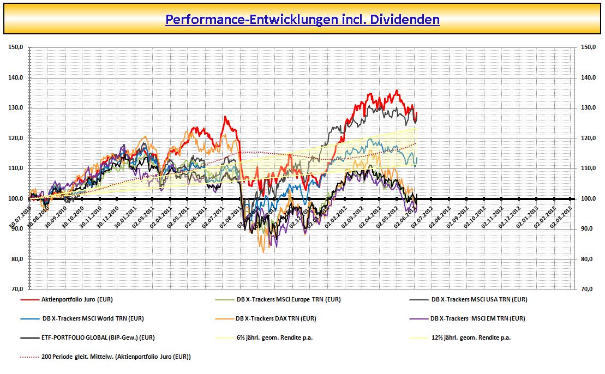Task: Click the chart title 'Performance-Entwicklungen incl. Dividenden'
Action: [302, 20]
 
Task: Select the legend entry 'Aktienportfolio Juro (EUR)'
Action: [76, 299]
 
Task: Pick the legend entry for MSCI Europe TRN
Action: [289, 299]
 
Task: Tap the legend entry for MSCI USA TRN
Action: [479, 299]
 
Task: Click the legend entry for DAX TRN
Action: [275, 318]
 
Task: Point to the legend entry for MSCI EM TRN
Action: [477, 318]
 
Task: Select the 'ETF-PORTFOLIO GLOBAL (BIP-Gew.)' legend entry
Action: [98, 337]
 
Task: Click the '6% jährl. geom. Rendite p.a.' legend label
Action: [274, 337]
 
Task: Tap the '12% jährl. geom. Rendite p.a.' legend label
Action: [471, 337]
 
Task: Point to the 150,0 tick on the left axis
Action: [16, 47]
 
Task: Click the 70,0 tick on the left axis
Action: [16, 289]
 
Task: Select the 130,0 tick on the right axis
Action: [589, 108]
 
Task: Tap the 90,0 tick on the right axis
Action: [589, 229]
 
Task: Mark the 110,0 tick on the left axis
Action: [16, 168]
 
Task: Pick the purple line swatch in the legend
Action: [418, 318]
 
